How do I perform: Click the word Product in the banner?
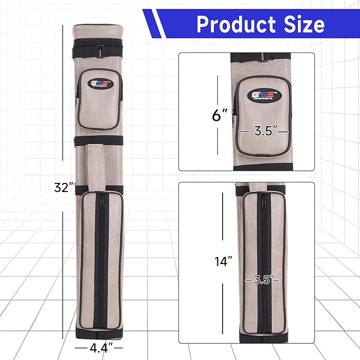pyautogui.click(x=236, y=24)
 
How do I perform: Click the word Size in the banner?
pyautogui.click(x=304, y=24)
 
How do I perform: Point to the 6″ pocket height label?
pyautogui.click(x=219, y=115)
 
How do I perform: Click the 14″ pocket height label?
pyautogui.click(x=223, y=261)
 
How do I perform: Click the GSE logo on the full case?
pyautogui.click(x=100, y=84)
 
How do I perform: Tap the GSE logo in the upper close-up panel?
pyautogui.click(x=264, y=95)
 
